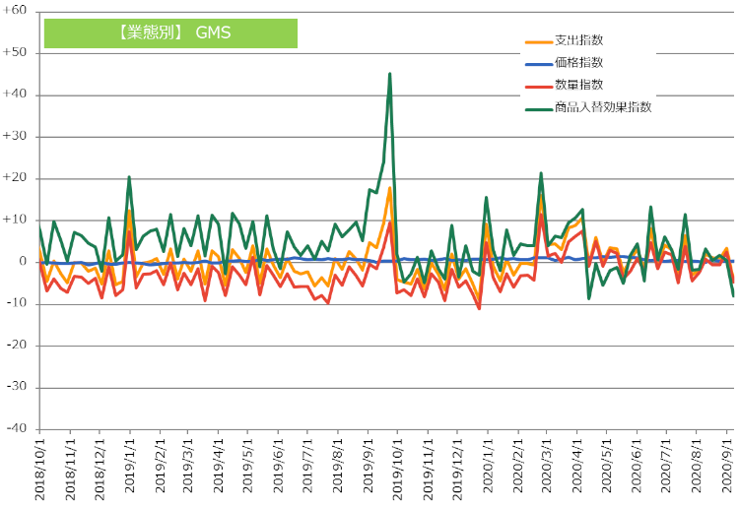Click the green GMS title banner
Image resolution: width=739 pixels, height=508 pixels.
(x=170, y=32)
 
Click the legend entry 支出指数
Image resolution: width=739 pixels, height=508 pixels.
(x=578, y=40)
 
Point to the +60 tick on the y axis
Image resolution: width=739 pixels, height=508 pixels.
(x=17, y=12)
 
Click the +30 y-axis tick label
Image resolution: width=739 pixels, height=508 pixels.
(x=17, y=137)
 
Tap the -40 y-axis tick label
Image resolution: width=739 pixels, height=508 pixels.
(x=17, y=428)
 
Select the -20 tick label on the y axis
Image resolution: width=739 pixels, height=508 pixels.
(x=17, y=346)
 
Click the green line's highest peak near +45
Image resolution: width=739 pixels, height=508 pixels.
(x=390, y=74)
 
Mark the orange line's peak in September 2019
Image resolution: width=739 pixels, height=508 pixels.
(x=390, y=188)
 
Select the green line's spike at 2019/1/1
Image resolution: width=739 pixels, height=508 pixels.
(x=129, y=177)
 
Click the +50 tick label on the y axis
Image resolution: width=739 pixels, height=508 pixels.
(x=17, y=53)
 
